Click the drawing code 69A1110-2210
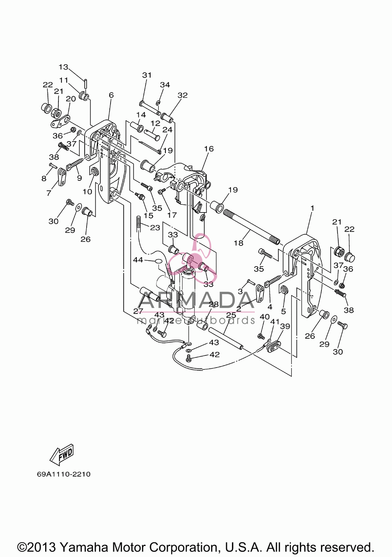pos(64,474)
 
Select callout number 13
pos(63,67)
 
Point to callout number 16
pos(209,149)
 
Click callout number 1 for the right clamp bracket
pos(312,208)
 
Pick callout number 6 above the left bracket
pos(111,95)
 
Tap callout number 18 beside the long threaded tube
pos(238,243)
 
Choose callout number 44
pos(138,260)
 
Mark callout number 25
pos(231,315)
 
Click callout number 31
pos(147,75)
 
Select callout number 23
pos(155,227)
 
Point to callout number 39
pos(285,326)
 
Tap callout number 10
pos(87,191)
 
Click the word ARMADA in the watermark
pos(193,300)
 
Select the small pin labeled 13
pos(85,83)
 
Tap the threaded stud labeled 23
pos(138,223)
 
